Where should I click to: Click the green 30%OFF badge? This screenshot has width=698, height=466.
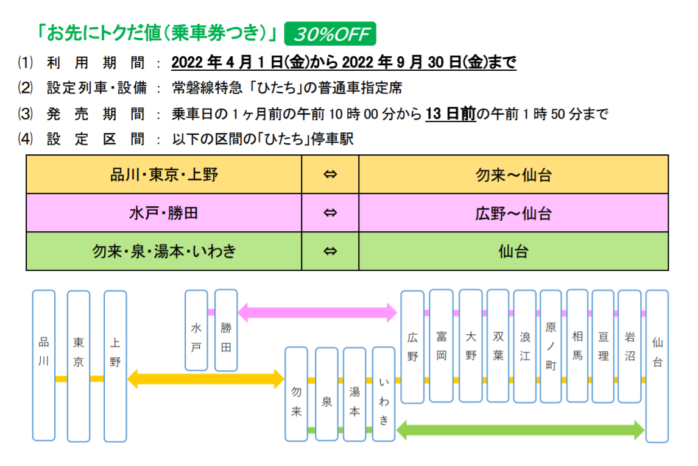331,34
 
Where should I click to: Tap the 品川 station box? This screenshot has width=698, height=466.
44,365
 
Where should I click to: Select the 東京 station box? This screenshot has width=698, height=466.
79,366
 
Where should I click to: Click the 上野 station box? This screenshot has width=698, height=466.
115,366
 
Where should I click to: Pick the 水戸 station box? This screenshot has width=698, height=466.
196,330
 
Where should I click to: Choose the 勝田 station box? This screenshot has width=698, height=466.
226,330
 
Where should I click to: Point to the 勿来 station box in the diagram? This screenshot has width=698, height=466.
297,394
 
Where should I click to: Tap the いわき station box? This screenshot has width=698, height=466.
384,394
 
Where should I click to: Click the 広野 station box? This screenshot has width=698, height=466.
412,346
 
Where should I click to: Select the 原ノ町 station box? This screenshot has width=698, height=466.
551,346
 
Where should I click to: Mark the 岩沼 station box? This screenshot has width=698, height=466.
629,346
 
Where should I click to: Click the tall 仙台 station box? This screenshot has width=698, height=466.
657,366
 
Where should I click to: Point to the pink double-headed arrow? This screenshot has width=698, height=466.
317,313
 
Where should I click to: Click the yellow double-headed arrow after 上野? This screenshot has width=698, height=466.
206,379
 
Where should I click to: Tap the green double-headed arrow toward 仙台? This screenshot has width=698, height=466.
520,430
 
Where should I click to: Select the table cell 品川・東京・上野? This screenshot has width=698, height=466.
164,174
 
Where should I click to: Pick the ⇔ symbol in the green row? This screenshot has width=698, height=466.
330,251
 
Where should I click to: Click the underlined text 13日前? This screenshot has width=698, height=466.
450,114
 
